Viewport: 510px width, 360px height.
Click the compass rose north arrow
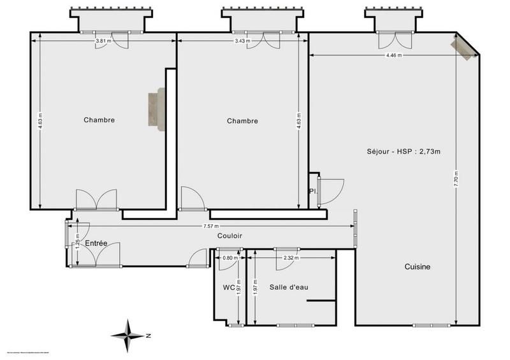[x=129, y=334]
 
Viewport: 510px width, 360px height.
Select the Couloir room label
[x=229, y=236]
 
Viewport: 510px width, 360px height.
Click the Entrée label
[x=96, y=243]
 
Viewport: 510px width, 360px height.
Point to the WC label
[x=229, y=287]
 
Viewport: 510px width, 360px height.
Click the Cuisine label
[x=418, y=267]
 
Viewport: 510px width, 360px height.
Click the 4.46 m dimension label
[x=394, y=55]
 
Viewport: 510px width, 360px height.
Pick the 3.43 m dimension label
[x=243, y=41]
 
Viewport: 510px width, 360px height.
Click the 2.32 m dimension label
[x=291, y=258]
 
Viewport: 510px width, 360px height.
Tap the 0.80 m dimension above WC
[x=229, y=258]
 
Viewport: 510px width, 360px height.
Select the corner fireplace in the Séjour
[x=465, y=48]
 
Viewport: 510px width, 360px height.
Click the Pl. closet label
[x=313, y=191]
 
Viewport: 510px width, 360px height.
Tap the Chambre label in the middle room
[x=243, y=121]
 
